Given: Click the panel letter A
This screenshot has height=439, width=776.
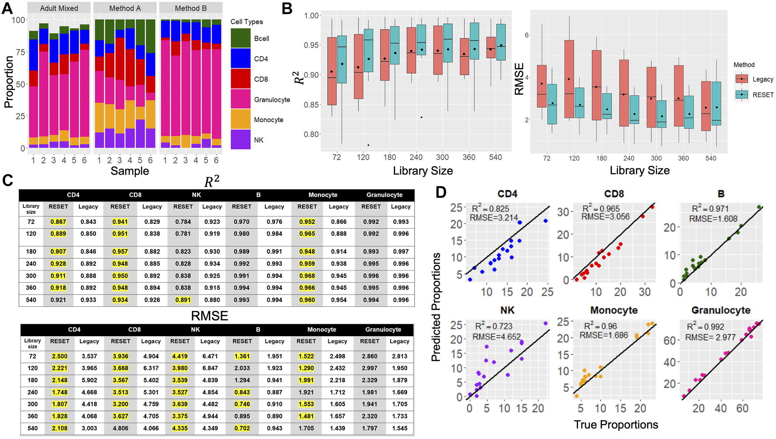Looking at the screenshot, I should click(x=7, y=8).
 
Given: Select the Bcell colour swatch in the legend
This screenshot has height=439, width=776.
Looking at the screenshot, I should click(x=240, y=38).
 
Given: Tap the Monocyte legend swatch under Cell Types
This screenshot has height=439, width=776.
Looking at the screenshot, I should click(x=240, y=119).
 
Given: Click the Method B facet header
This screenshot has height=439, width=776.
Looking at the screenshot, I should click(x=190, y=8).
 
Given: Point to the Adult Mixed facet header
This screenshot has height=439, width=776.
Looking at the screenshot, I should click(x=59, y=8).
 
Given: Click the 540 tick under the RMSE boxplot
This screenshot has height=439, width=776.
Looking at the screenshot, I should click(x=711, y=158).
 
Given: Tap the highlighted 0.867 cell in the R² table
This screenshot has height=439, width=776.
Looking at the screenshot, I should click(x=58, y=222).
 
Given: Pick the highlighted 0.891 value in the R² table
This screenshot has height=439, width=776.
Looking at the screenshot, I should click(x=183, y=300).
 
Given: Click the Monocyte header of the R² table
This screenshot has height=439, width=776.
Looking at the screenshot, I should click(x=323, y=195).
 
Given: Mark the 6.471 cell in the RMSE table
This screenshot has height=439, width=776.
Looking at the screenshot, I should click(x=210, y=356).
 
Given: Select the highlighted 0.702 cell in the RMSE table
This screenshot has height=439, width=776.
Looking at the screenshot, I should click(x=242, y=429).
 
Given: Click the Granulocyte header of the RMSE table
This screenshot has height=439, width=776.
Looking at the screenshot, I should click(x=383, y=330).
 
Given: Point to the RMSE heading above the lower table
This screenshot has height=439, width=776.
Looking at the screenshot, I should click(x=209, y=316).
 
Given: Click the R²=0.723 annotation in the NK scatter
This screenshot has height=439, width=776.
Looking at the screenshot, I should click(x=494, y=326).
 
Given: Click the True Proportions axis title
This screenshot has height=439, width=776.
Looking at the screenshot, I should click(x=616, y=425).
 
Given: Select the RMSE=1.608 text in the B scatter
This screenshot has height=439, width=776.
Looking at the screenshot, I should click(x=713, y=219).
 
